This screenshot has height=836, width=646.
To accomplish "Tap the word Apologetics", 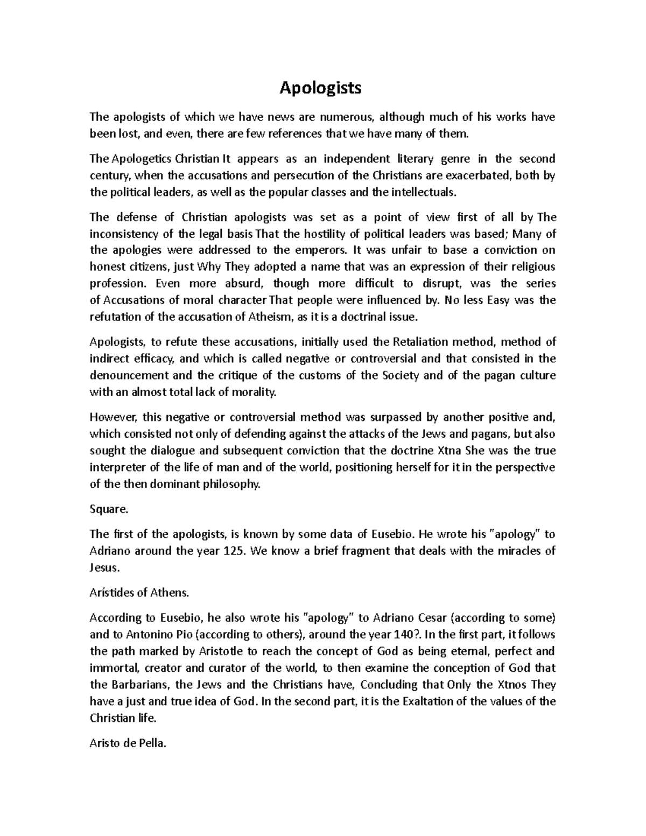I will pos(142,159).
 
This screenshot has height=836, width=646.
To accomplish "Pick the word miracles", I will pos(514,551).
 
